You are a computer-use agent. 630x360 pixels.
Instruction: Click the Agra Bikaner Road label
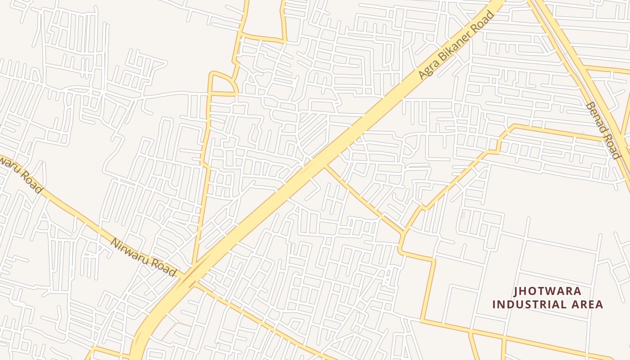(457, 45)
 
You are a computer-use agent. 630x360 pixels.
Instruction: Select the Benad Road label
(603, 130)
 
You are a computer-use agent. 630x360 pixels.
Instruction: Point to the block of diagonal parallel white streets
(313, 128)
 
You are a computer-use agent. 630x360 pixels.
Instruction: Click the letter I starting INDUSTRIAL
(494, 305)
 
